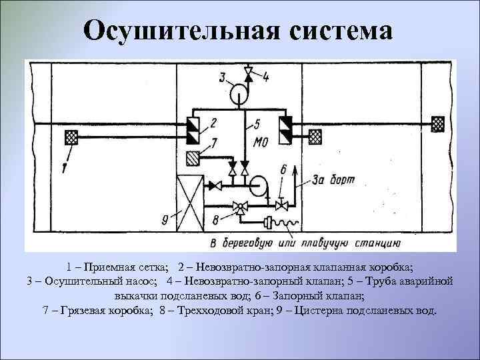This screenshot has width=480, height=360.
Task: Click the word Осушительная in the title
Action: pos(179,31)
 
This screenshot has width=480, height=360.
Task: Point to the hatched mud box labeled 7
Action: pos(193,158)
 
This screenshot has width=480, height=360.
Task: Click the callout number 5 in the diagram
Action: pos(258,124)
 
